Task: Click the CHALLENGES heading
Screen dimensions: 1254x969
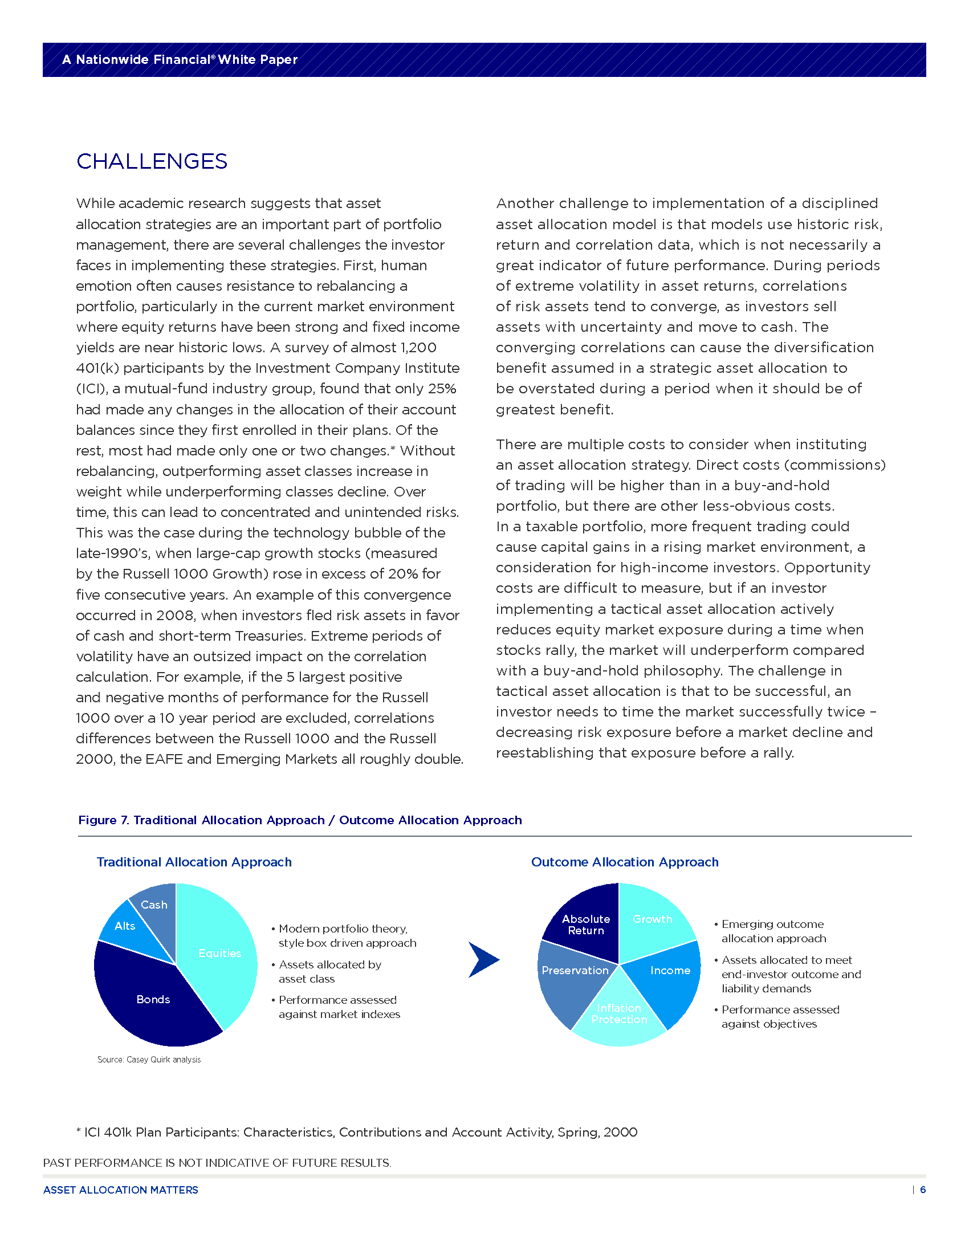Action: (x=152, y=161)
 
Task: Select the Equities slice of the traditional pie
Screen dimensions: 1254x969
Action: (x=220, y=953)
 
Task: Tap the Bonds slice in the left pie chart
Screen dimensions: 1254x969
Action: (x=153, y=1000)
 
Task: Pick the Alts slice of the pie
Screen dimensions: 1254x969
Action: (x=125, y=926)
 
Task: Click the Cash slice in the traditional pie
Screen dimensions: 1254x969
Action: (x=154, y=905)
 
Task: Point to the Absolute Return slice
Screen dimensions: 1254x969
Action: (x=585, y=925)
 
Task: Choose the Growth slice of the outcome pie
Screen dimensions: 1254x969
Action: (x=652, y=919)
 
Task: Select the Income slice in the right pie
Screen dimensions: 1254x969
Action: (x=670, y=970)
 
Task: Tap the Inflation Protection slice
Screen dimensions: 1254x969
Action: (x=619, y=1014)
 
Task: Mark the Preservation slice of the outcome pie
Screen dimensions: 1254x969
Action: (x=575, y=970)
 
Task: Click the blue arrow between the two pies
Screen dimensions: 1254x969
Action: (x=483, y=959)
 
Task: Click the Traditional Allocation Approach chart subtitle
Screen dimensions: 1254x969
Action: (x=194, y=862)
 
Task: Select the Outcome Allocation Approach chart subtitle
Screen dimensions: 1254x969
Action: (x=625, y=862)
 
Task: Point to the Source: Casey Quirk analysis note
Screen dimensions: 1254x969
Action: (x=149, y=1060)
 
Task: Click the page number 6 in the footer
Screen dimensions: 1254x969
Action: (x=922, y=1190)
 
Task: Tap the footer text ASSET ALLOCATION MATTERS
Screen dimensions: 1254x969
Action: (x=120, y=1190)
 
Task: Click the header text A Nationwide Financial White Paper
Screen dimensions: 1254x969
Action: (x=180, y=60)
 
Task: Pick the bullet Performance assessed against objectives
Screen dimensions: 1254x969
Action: (x=780, y=1017)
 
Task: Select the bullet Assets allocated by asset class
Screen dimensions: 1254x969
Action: (x=329, y=971)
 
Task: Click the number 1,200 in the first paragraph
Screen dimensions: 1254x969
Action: (x=418, y=347)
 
